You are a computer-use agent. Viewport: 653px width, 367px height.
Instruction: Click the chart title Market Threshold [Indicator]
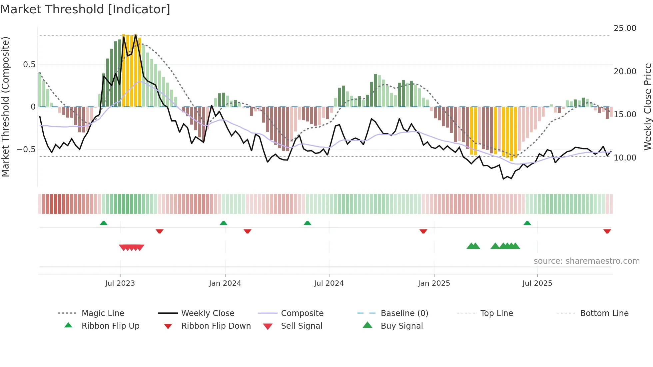pos(85,9)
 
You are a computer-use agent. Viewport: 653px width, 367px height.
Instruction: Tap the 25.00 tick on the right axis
pos(625,28)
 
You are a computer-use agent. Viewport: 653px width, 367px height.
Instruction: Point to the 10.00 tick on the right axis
pos(625,158)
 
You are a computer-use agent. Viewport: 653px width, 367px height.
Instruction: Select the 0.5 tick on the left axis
pos(29,64)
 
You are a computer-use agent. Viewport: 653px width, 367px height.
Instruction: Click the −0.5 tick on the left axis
pos(26,149)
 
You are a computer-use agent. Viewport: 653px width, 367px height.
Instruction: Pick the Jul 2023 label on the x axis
pos(120,283)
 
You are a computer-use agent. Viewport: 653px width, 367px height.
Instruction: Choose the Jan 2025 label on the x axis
pos(434,283)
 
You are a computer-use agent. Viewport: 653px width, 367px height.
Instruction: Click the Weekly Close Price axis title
pos(647,107)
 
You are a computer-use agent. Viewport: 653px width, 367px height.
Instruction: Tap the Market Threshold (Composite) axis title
pos(5,107)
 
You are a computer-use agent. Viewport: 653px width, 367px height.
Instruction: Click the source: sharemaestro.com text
pos(586,261)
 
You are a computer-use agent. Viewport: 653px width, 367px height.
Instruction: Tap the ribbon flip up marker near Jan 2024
pos(224,223)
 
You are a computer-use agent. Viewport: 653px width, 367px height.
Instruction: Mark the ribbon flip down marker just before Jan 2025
pos(423,231)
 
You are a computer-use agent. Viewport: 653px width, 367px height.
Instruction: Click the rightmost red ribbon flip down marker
pos(607,231)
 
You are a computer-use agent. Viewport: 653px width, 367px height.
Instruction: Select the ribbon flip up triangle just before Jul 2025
pos(527,223)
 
